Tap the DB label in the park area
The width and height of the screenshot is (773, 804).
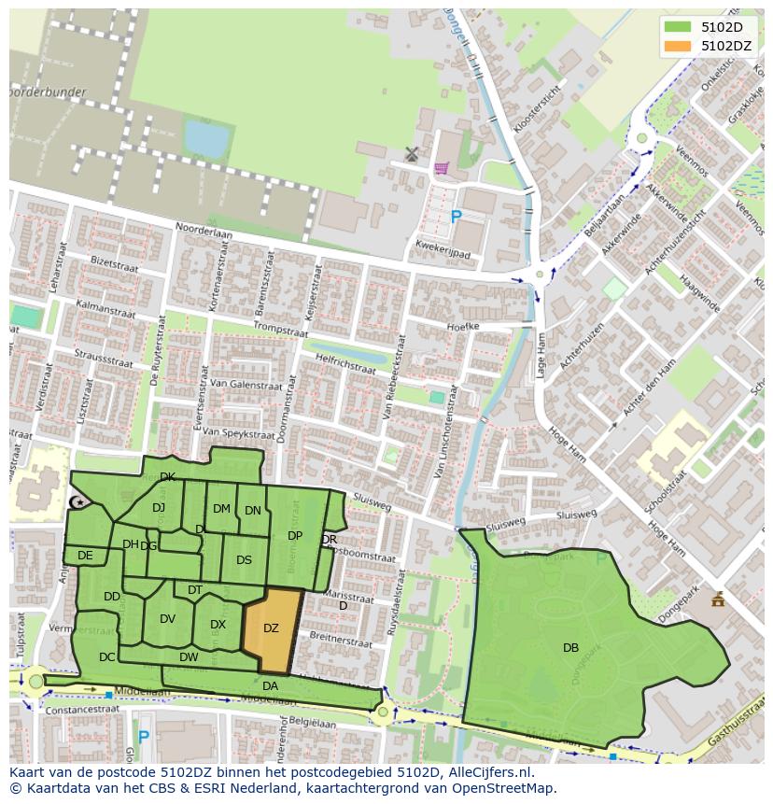click(x=570, y=647)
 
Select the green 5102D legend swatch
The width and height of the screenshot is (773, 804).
click(x=678, y=27)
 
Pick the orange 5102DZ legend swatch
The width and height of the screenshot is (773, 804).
click(x=678, y=45)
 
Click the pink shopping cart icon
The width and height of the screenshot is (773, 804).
click(x=441, y=168)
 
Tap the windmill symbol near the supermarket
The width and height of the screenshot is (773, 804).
click(x=412, y=154)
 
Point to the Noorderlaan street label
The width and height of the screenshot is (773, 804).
click(x=204, y=237)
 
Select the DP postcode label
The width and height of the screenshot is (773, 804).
click(x=295, y=536)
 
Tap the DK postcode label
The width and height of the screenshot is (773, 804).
click(x=167, y=477)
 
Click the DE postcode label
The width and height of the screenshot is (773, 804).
click(x=85, y=556)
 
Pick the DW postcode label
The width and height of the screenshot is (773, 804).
click(x=189, y=657)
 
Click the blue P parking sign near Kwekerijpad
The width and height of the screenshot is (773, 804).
click(x=456, y=217)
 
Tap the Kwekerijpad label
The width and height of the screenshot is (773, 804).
click(x=443, y=253)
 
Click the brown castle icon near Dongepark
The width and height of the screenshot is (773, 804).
click(x=717, y=599)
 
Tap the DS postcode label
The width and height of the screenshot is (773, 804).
click(x=244, y=560)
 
